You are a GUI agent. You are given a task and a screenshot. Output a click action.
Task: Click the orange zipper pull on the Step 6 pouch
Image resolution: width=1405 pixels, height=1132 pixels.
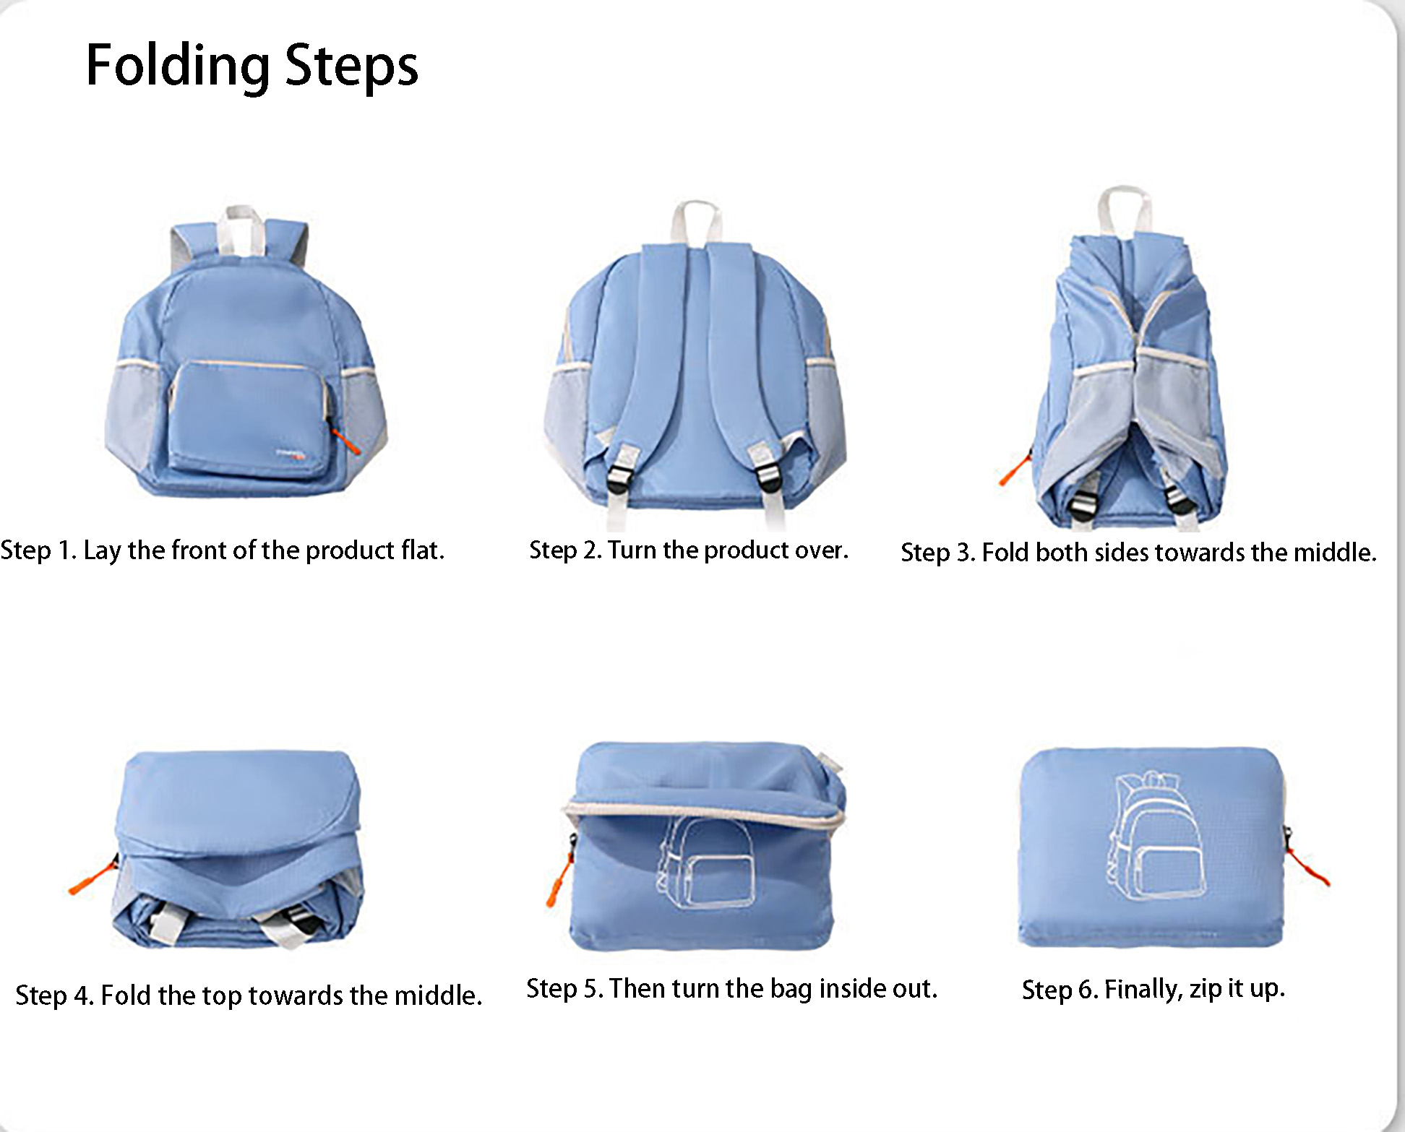(1308, 866)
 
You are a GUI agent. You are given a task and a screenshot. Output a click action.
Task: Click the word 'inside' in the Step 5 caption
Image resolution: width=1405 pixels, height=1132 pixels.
(850, 988)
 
